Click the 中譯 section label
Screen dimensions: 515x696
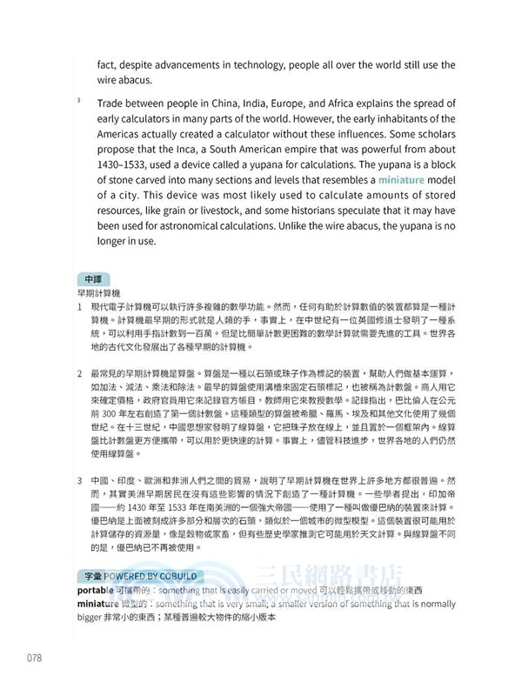coord(92,278)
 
